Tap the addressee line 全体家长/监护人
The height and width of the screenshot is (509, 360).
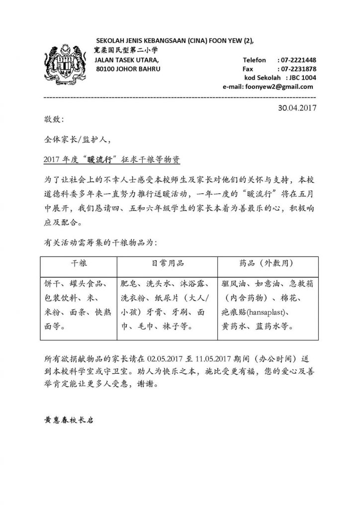[75, 140]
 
